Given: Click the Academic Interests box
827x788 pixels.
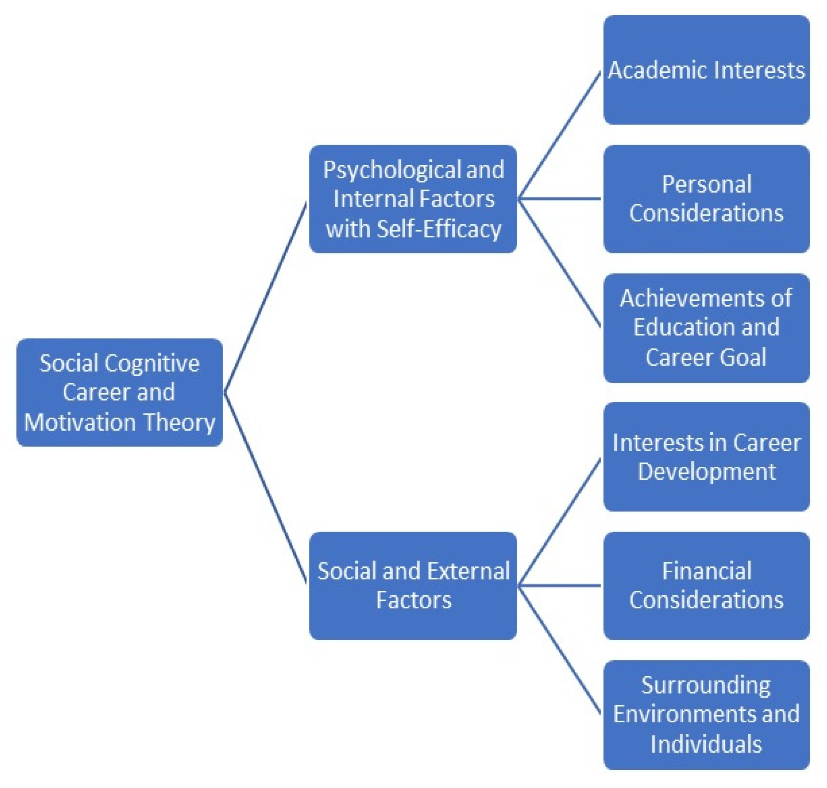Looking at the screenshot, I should click(706, 70).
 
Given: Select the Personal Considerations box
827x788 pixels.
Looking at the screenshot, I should click(706, 199).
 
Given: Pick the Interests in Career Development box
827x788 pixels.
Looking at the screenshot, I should click(706, 456).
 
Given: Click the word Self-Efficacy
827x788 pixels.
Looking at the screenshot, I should click(439, 229).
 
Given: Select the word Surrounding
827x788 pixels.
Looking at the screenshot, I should click(706, 685).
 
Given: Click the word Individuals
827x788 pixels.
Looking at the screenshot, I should click(706, 744).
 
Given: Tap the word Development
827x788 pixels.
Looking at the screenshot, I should click(706, 471).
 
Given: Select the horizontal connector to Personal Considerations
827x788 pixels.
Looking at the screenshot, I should click(560, 199).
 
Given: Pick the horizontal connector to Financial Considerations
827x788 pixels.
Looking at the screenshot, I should click(560, 585).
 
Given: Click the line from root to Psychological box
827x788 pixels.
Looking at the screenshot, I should click(266, 297).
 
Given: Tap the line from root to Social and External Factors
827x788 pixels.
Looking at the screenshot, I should click(266, 488).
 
